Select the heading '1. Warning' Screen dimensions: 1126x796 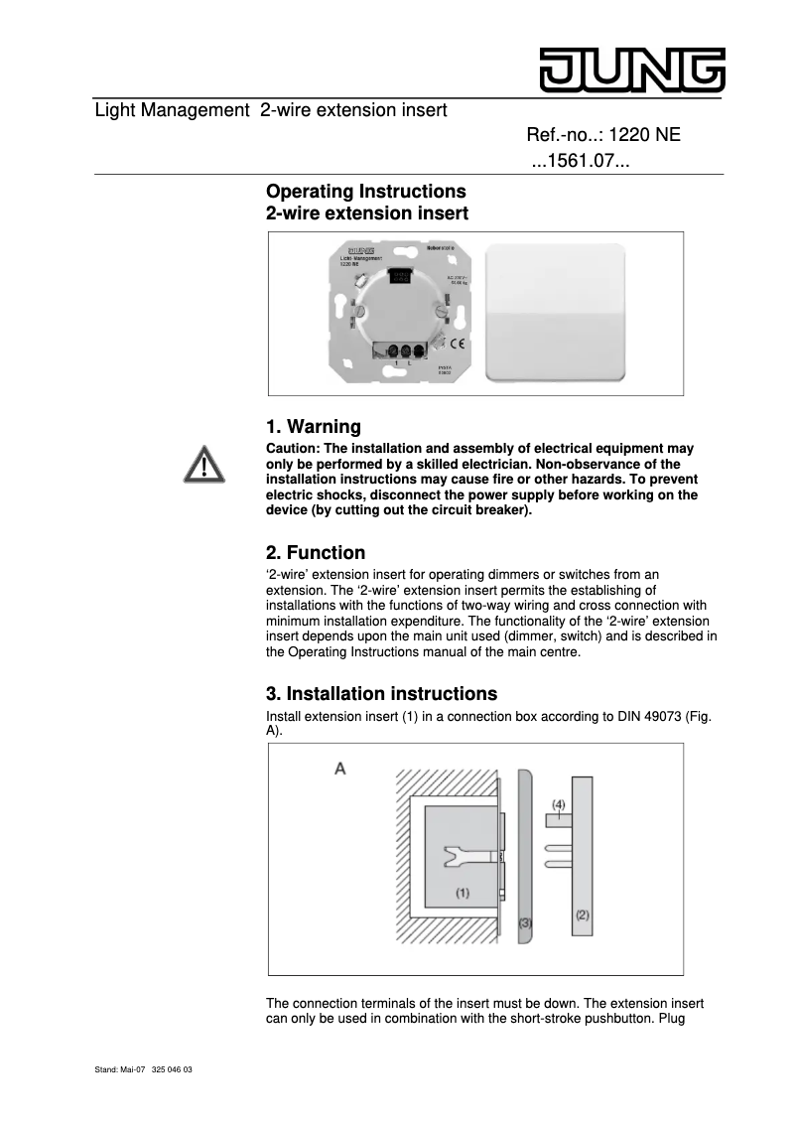pos(314,427)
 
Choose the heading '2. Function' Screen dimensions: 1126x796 pos(316,553)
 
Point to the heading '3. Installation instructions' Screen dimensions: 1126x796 pos(382,693)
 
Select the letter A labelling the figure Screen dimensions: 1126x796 pos(339,769)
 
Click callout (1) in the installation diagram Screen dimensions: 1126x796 pos(463,893)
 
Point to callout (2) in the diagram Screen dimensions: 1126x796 pos(583,915)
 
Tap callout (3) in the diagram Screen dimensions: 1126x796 pos(526,922)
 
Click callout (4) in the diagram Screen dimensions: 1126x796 pos(559,803)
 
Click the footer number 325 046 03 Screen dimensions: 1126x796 pos(173,1070)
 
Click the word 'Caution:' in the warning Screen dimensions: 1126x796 pos(294,450)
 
